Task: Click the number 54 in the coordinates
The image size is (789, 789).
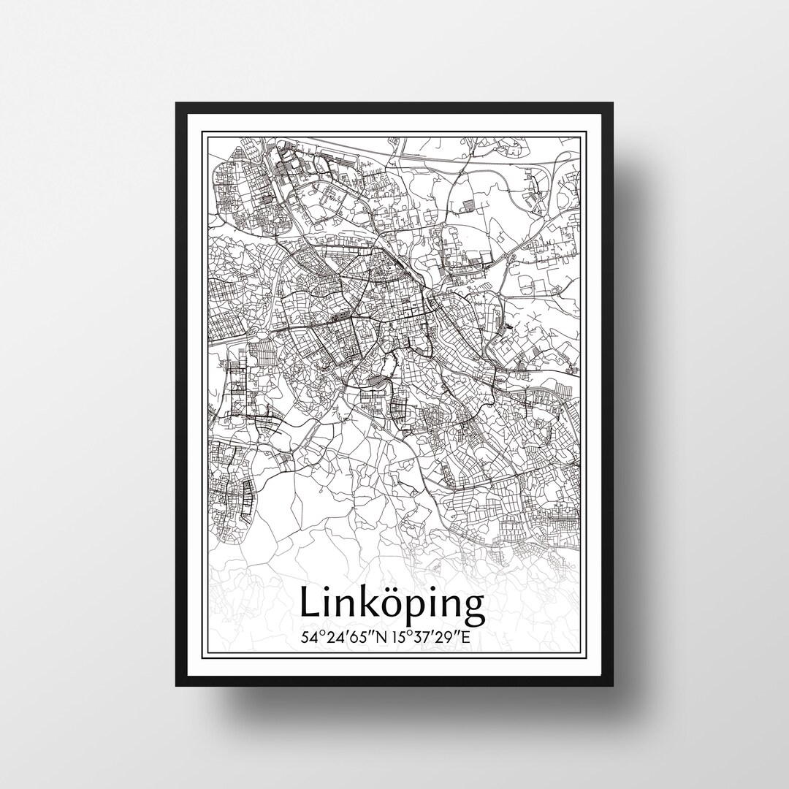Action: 309,636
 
